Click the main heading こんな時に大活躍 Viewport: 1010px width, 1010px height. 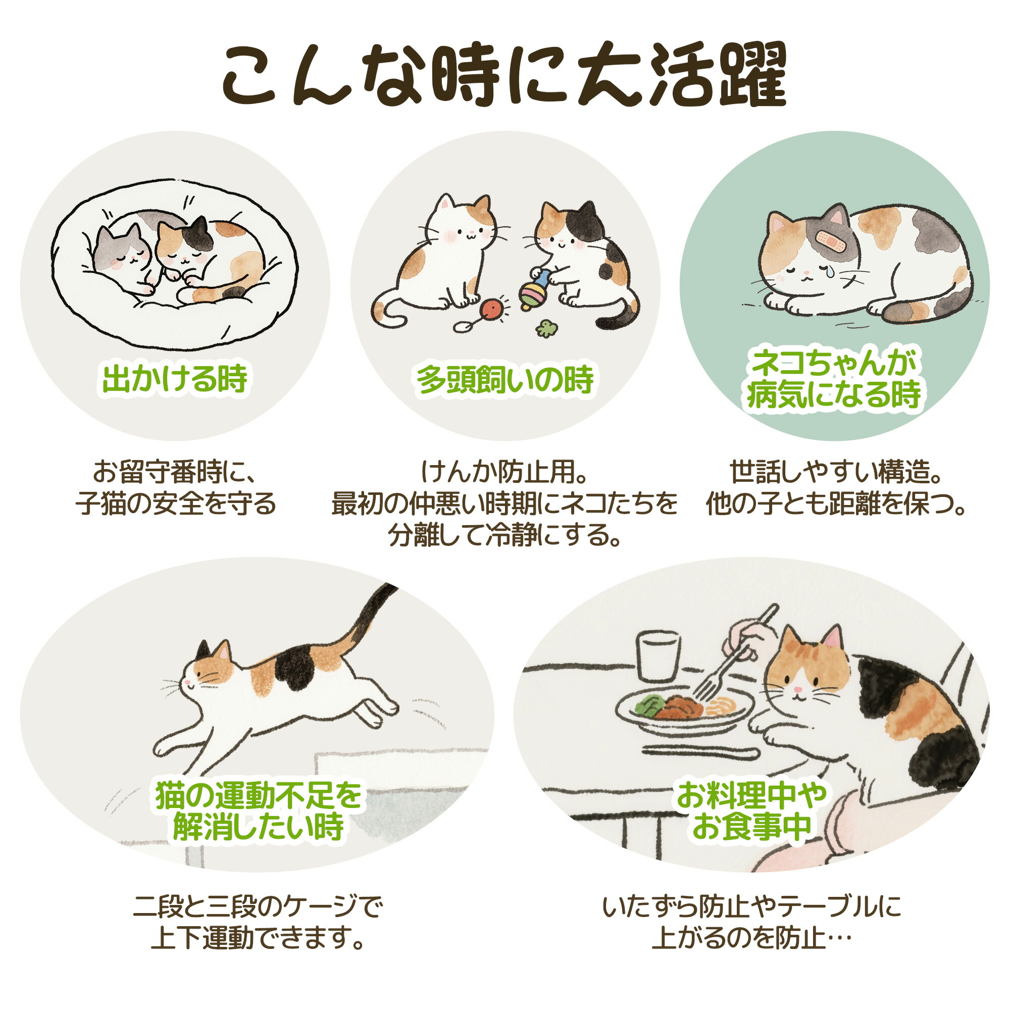[x=504, y=77]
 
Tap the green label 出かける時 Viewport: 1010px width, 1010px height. [x=175, y=380]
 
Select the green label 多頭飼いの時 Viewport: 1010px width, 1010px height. [x=505, y=380]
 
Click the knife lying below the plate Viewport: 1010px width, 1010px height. [x=700, y=751]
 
